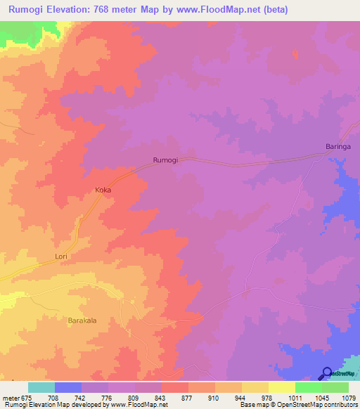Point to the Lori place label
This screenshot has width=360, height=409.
pyautogui.click(x=61, y=257)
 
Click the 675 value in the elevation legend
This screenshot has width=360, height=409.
pyautogui.click(x=26, y=398)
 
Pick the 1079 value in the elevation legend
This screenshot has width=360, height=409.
pyautogui.click(x=348, y=398)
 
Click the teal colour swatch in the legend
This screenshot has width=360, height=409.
pyautogui.click(x=41, y=387)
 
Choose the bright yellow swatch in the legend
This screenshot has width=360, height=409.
pyautogui.click(x=281, y=387)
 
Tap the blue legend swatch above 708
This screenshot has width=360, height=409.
pyautogui.click(x=68, y=387)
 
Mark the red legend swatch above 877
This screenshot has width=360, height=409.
pyautogui.click(x=174, y=387)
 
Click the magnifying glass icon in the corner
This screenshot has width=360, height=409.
pyautogui.click(x=327, y=374)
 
